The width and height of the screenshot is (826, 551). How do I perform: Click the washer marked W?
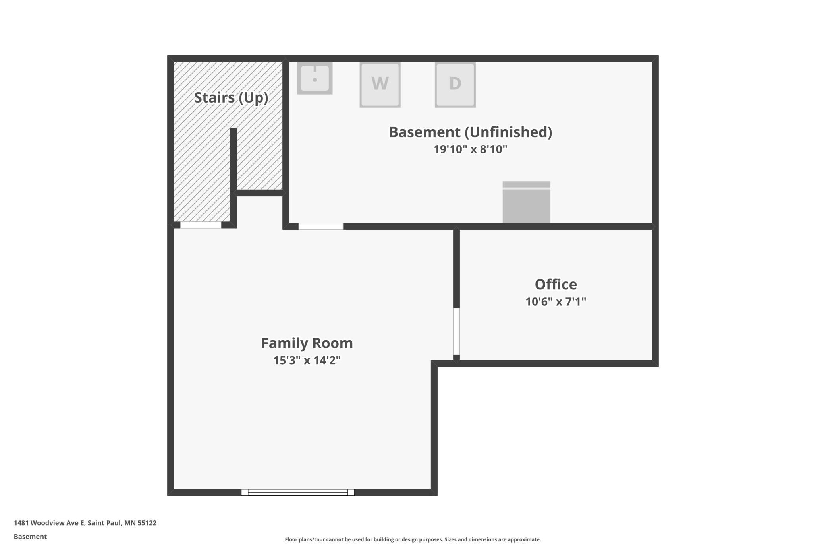pyautogui.click(x=380, y=84)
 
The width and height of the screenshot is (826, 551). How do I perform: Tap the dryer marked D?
pyautogui.click(x=455, y=84)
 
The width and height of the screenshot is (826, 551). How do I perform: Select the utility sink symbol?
pyautogui.click(x=315, y=78)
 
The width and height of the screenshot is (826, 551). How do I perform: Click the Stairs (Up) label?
pyautogui.click(x=231, y=98)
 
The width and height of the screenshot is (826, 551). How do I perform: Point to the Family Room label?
pyautogui.click(x=307, y=343)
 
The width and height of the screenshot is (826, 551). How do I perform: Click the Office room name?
pyautogui.click(x=556, y=284)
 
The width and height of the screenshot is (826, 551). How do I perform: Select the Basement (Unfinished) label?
pyautogui.click(x=471, y=132)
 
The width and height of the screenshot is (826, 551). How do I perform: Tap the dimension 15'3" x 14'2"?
pyautogui.click(x=307, y=360)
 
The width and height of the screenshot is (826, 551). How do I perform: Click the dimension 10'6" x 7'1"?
pyautogui.click(x=556, y=302)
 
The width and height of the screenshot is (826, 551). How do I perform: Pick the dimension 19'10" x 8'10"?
pyautogui.click(x=471, y=149)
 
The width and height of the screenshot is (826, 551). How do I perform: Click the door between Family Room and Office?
pyautogui.click(x=457, y=331)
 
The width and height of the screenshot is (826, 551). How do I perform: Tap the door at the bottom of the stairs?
pyautogui.click(x=201, y=225)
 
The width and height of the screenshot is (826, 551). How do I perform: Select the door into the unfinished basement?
pyautogui.click(x=321, y=227)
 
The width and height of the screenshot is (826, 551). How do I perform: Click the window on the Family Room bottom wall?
pyautogui.click(x=298, y=492)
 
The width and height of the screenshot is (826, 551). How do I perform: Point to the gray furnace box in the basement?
pyautogui.click(x=527, y=202)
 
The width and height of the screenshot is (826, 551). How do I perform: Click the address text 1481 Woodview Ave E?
pyautogui.click(x=49, y=523)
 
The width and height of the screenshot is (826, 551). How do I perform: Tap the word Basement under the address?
pyautogui.click(x=30, y=537)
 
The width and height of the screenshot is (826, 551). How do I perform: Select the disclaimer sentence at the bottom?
pyautogui.click(x=413, y=539)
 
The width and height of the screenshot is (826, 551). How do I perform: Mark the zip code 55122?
pyautogui.click(x=147, y=523)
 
